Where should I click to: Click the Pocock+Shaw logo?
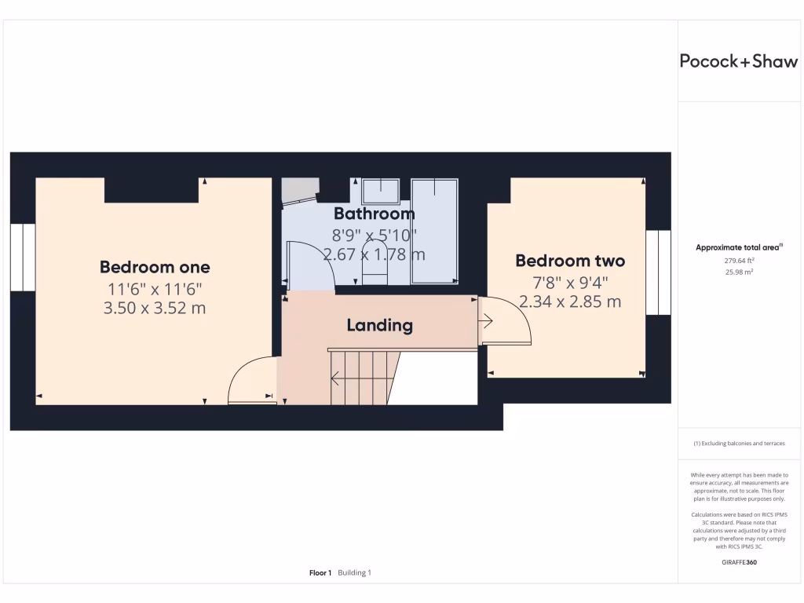pyautogui.click(x=738, y=62)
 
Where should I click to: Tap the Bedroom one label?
pyautogui.click(x=155, y=266)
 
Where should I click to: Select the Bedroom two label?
pyautogui.click(x=570, y=261)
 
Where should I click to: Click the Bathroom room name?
pyautogui.click(x=374, y=214)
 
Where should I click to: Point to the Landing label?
pyautogui.click(x=380, y=325)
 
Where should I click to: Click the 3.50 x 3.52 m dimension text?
pyautogui.click(x=155, y=308)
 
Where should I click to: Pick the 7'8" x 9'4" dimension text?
pyautogui.click(x=570, y=282)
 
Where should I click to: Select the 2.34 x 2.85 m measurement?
pyautogui.click(x=570, y=301)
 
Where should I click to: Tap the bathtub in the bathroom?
pyautogui.click(x=434, y=230)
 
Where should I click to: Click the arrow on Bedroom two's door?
pyautogui.click(x=486, y=320)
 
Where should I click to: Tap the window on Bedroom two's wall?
pyautogui.click(x=658, y=272)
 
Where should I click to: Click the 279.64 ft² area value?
pyautogui.click(x=739, y=261)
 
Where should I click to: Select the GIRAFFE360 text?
pyautogui.click(x=739, y=562)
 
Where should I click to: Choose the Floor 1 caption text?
pyautogui.click(x=320, y=573)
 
